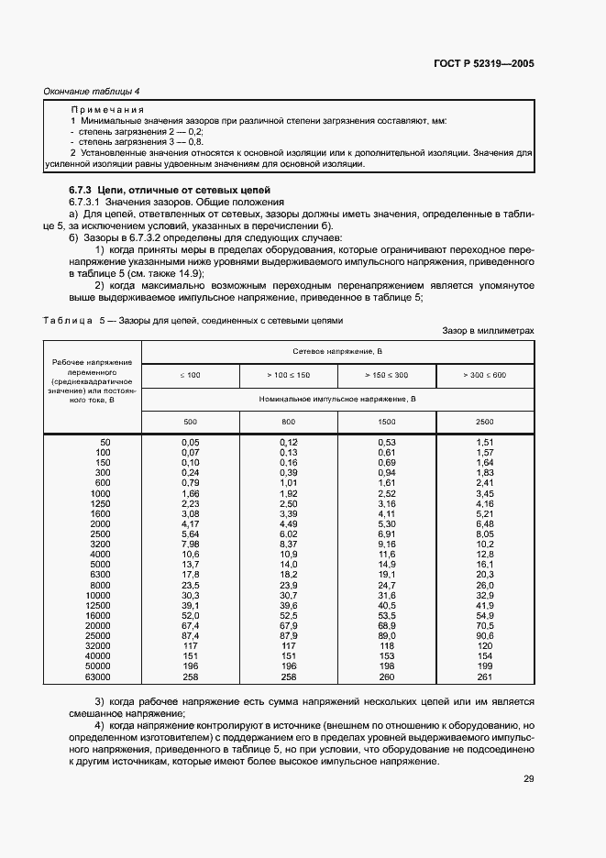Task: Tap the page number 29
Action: point(528,780)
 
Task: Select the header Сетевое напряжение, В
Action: point(337,351)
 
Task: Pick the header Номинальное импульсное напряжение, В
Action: point(337,400)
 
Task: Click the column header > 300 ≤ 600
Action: point(485,376)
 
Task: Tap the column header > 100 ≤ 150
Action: point(288,376)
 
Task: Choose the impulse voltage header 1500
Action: point(387,422)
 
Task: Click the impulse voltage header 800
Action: point(288,422)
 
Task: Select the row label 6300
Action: point(100,575)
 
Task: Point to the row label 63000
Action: point(97,677)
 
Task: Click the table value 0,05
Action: point(190,442)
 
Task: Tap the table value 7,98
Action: point(190,544)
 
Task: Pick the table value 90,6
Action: point(485,636)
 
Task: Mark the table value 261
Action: point(485,677)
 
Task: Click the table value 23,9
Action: point(288,585)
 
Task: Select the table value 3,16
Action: point(387,503)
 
